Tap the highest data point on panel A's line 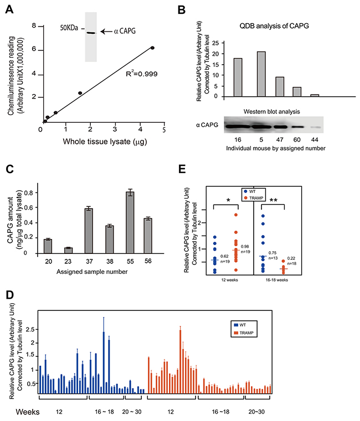152,48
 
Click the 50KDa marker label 69,29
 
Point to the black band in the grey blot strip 91,33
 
